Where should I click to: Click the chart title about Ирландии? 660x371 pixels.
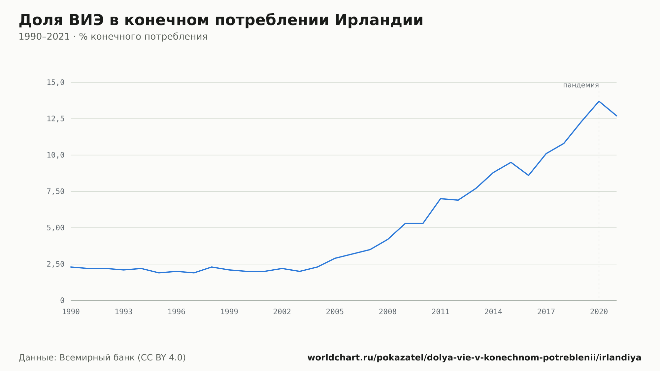[x=221, y=20]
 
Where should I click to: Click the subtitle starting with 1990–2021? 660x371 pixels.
[x=113, y=37]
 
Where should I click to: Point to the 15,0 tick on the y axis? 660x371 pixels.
[x=55, y=83]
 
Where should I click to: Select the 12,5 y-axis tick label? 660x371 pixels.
[x=55, y=119]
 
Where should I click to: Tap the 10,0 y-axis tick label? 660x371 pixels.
[x=55, y=155]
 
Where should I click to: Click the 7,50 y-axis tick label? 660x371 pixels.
[x=55, y=191]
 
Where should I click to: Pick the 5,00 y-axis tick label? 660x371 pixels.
[x=55, y=228]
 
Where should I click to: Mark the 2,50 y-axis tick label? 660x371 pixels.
[x=55, y=264]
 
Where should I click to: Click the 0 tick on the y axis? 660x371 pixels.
[x=62, y=300]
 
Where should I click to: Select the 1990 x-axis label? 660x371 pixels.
[x=71, y=312]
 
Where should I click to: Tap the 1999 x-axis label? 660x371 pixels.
[x=229, y=312]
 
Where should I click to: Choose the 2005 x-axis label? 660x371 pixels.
[x=335, y=312]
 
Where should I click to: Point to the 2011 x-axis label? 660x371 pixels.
[x=441, y=312]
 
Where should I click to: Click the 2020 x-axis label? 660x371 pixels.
[x=599, y=312]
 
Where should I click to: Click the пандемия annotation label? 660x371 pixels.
[x=581, y=85]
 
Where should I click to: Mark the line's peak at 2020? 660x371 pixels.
[x=599, y=101]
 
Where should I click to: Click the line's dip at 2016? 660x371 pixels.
[x=528, y=175]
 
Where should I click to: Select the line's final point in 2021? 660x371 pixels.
[x=616, y=116]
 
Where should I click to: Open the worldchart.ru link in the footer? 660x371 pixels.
[x=474, y=358]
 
